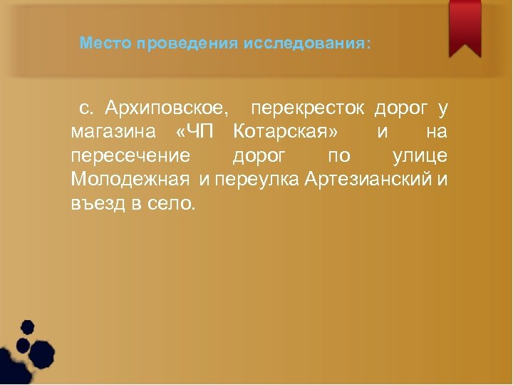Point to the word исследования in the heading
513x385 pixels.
[306, 44]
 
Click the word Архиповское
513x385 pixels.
[167, 109]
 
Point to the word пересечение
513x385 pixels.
[130, 155]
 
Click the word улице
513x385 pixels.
[420, 155]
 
